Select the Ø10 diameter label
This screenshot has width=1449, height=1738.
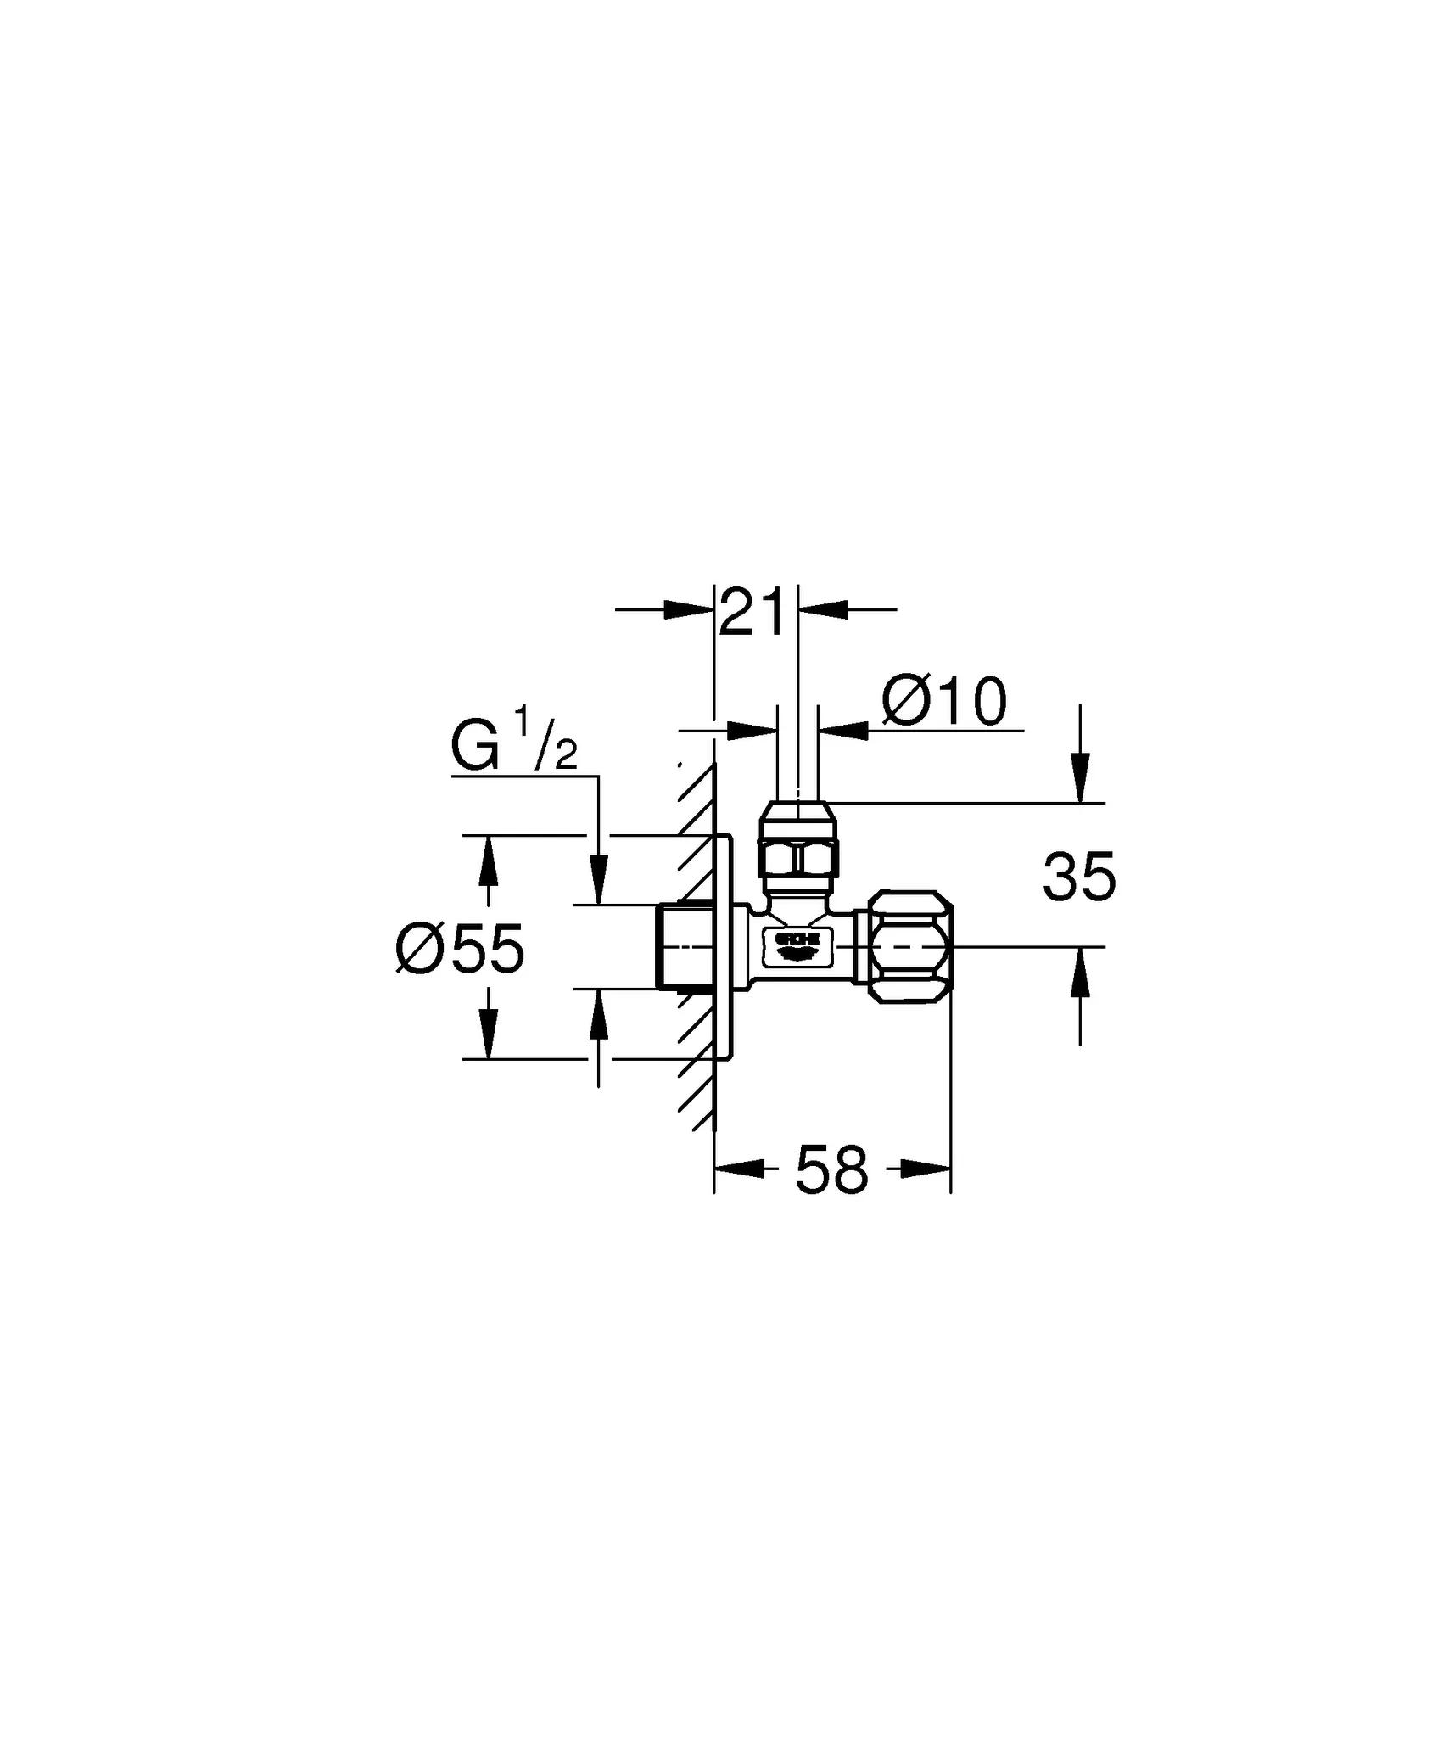coord(944,703)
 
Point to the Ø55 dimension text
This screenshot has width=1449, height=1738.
coord(461,950)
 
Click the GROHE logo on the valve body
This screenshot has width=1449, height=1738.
coord(796,945)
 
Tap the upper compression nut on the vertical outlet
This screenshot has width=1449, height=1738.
coord(798,841)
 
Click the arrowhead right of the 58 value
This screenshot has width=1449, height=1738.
coord(925,1169)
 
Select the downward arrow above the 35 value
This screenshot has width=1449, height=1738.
coord(1079,779)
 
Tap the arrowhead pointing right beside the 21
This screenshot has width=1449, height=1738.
coord(687,609)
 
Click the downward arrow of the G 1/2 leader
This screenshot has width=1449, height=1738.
coord(599,881)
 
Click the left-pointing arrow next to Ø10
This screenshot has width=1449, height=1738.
coord(843,729)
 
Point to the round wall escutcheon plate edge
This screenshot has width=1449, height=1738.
coord(729,946)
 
